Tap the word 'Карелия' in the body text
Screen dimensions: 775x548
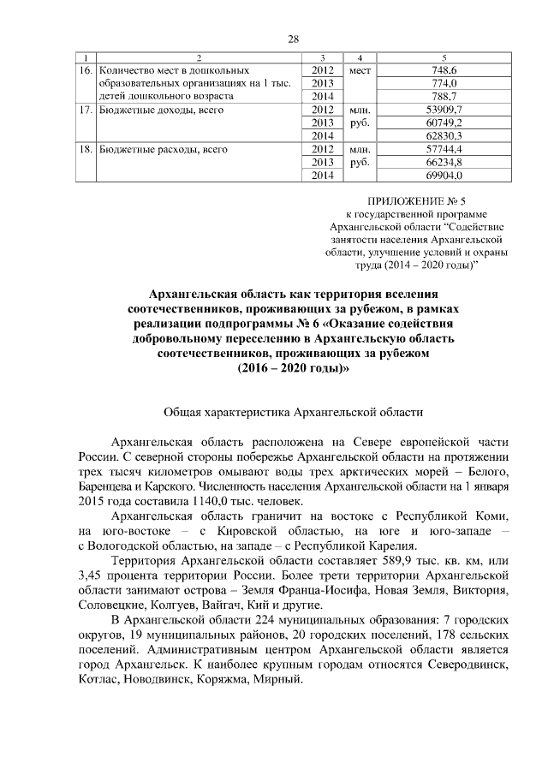pyautogui.click(x=394, y=545)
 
